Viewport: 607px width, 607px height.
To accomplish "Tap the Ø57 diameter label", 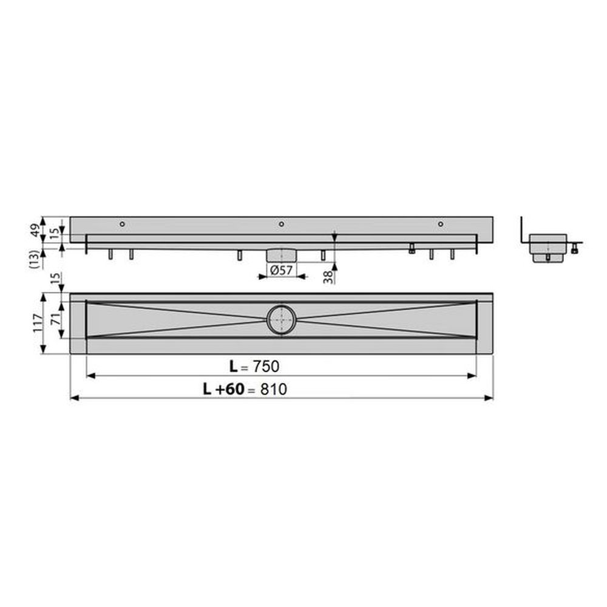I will click(277, 271).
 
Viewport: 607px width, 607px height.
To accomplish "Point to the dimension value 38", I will click(327, 277).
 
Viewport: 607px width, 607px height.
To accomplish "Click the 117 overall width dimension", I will click(36, 323).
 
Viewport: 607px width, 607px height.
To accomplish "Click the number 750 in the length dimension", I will click(266, 366).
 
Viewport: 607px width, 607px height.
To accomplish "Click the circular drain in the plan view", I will click(281, 319).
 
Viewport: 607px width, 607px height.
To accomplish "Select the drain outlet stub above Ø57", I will click(280, 254).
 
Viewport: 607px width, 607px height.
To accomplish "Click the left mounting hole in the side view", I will click(122, 225).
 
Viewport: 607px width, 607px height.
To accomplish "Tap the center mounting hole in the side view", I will click(281, 225).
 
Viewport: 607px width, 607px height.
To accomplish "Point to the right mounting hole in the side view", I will click(441, 225).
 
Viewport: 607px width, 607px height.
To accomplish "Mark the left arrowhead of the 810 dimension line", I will click(75, 398).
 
